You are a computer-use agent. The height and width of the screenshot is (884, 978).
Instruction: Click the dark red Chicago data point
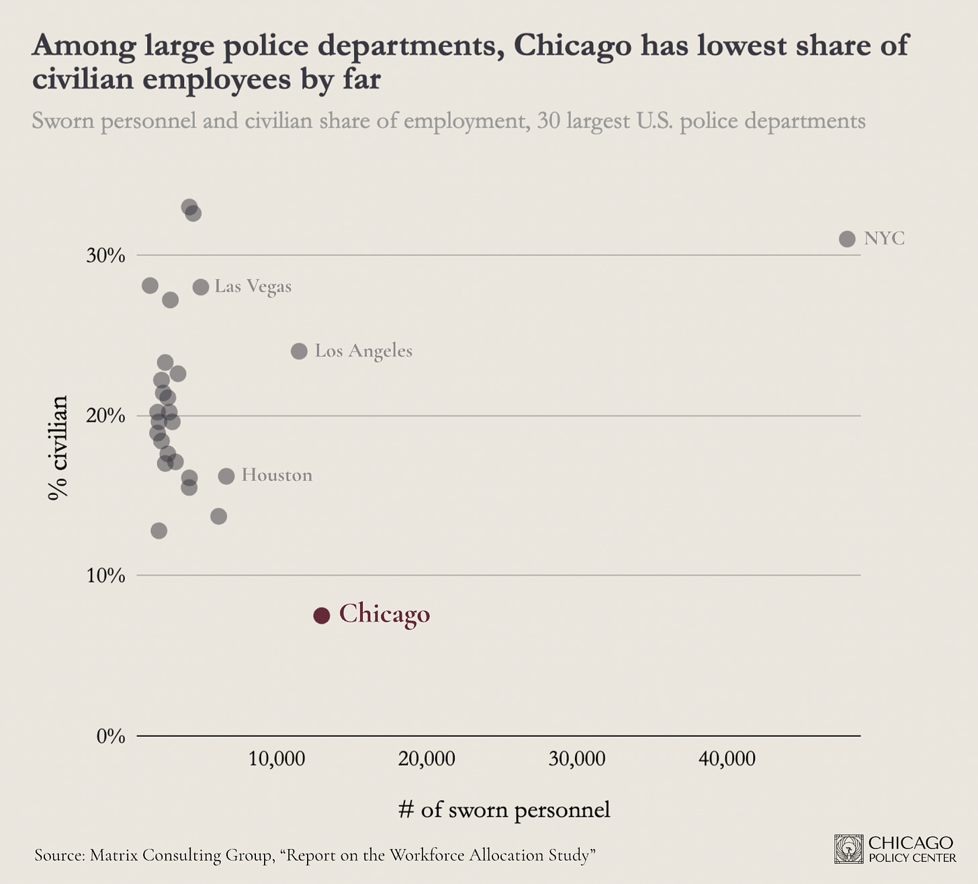322,615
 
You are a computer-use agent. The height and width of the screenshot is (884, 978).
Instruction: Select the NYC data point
847,238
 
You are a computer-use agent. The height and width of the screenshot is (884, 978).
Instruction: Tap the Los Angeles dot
299,351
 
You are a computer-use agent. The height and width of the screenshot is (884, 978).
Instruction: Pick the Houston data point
226,476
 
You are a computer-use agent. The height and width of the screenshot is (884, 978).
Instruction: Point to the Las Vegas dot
201,287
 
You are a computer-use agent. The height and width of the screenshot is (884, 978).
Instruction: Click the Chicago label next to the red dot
384,614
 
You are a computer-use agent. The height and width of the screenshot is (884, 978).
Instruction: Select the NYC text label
884,238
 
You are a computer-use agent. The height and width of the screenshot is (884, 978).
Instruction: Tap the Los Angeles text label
363,351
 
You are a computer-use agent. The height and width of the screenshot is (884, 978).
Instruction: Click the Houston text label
277,476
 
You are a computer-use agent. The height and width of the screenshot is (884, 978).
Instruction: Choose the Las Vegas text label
253,287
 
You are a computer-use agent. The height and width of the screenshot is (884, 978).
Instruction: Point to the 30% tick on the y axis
106,256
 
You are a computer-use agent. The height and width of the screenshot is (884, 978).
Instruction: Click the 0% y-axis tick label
111,737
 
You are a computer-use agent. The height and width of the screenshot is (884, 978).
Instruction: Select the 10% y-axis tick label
106,576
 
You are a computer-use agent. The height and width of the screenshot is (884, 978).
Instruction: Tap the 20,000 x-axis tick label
427,759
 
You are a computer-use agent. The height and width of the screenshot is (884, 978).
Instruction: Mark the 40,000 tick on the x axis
727,759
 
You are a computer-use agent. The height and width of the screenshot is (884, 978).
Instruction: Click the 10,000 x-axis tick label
277,759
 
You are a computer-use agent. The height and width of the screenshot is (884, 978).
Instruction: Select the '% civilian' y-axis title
58,447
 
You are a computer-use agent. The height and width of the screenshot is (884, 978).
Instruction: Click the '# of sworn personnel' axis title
504,810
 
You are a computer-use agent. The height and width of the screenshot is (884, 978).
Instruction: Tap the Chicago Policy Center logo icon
848,849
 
